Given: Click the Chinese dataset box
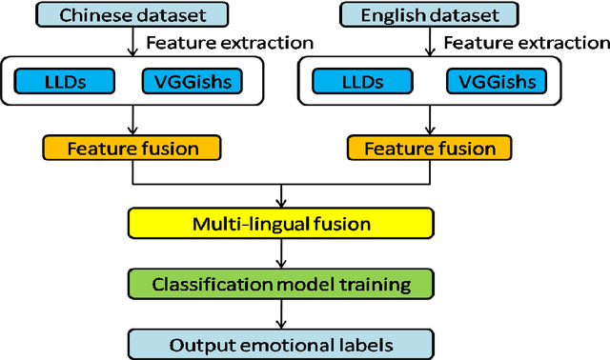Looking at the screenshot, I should pos(131,15).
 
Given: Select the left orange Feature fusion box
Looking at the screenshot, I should pos(131,149).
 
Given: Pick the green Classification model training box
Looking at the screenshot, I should pos(280,283).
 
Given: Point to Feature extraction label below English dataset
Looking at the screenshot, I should pos(526,44).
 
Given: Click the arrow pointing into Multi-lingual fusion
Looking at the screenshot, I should pos(280,196).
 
